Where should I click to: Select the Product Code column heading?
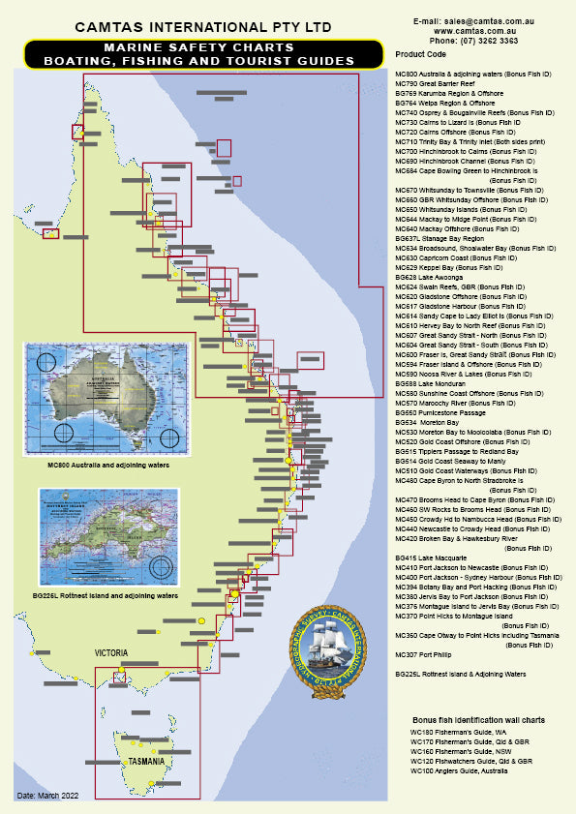tap(421, 54)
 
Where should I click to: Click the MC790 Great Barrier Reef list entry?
tap(438, 83)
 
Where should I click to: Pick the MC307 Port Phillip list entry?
tap(424, 655)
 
